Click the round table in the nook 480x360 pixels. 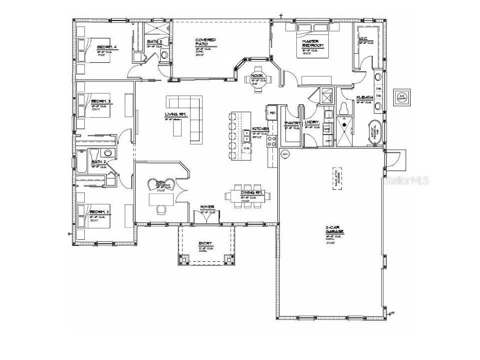(x=257, y=78)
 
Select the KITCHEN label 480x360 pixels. (x=260, y=129)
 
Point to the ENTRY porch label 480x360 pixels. (x=206, y=243)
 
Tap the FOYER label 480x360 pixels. (x=208, y=206)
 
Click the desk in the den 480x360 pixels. (x=162, y=199)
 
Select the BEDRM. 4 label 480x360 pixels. (x=107, y=47)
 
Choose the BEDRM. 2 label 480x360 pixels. (x=99, y=212)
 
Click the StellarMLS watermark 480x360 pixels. (x=407, y=180)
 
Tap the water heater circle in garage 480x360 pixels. (x=286, y=155)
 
